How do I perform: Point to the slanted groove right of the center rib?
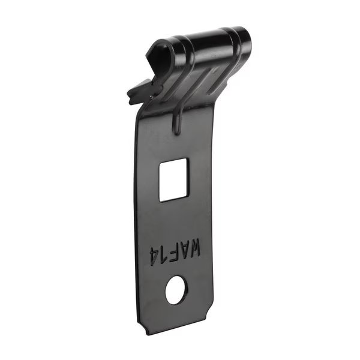(198, 81)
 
